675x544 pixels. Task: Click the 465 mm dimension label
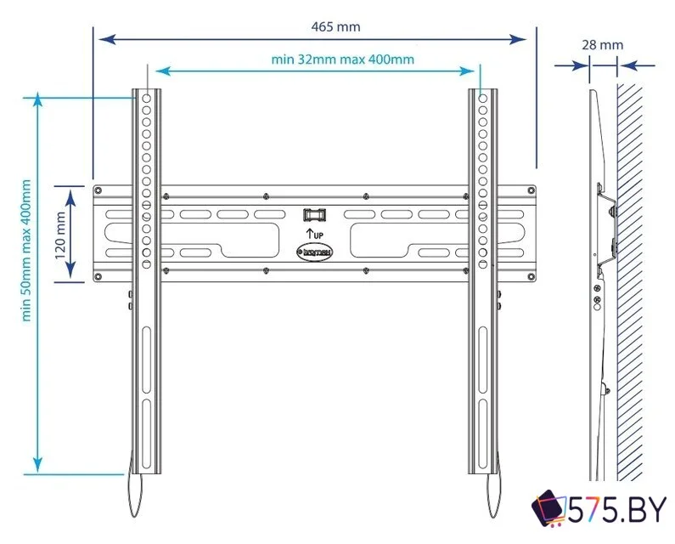(x=336, y=26)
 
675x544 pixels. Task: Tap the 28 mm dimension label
(x=603, y=44)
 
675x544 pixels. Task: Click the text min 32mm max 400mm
(x=342, y=59)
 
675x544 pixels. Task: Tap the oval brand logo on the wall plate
(x=313, y=252)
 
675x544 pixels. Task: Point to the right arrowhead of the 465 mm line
(x=526, y=39)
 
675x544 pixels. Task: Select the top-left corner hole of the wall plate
(x=98, y=190)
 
